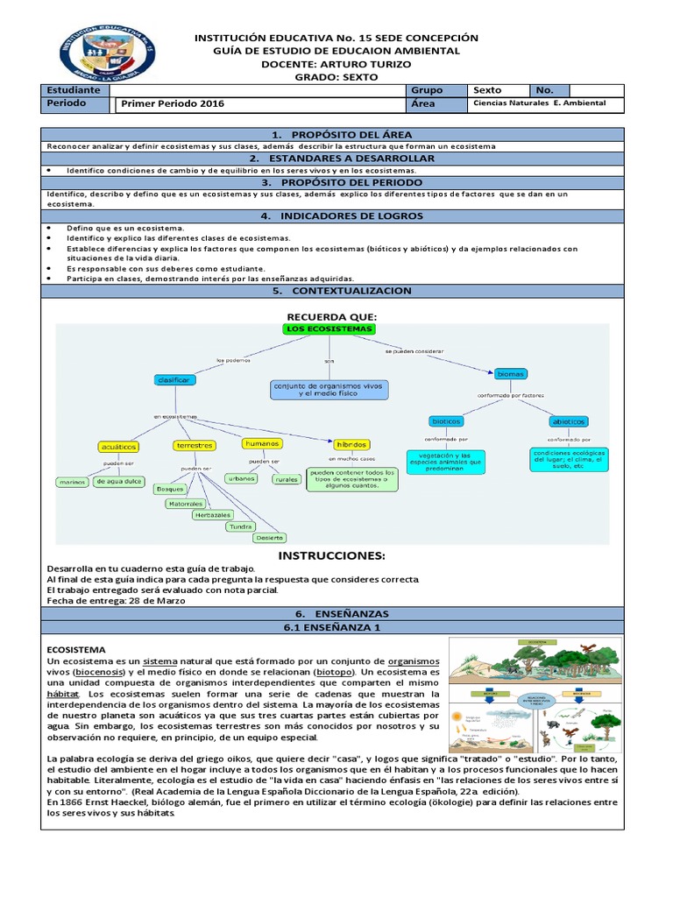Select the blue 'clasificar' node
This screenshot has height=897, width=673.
click(x=174, y=379)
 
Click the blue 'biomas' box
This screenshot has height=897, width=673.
click(x=510, y=374)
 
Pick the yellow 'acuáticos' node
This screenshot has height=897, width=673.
click(x=119, y=447)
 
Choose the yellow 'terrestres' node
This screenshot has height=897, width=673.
click(x=195, y=445)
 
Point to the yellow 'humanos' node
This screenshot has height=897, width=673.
click(x=262, y=443)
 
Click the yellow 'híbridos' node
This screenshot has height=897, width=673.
click(x=351, y=444)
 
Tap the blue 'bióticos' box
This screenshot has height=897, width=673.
click(x=446, y=421)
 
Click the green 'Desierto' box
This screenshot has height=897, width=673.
click(x=270, y=537)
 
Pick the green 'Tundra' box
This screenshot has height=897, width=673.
click(x=241, y=526)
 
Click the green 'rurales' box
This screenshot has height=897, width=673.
click(x=286, y=479)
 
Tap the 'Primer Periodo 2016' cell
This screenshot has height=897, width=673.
click(x=173, y=103)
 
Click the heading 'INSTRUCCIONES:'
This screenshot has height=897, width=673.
click(x=331, y=556)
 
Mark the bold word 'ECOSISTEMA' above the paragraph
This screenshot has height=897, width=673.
click(x=76, y=648)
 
